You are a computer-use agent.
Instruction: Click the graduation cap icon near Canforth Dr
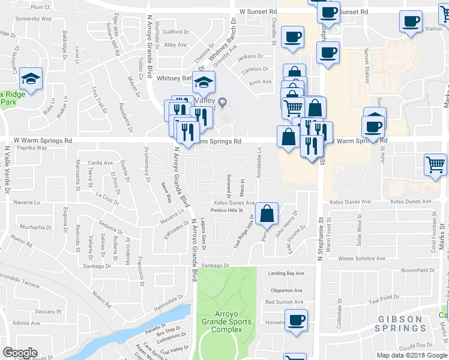29,79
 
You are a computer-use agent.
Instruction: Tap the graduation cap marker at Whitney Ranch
204,82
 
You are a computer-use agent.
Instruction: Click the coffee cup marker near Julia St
373,127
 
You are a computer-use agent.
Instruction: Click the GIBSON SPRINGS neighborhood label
400,323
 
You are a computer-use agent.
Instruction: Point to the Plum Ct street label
40,7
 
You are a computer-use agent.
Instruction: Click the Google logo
20,352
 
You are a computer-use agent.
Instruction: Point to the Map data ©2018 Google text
412,355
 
